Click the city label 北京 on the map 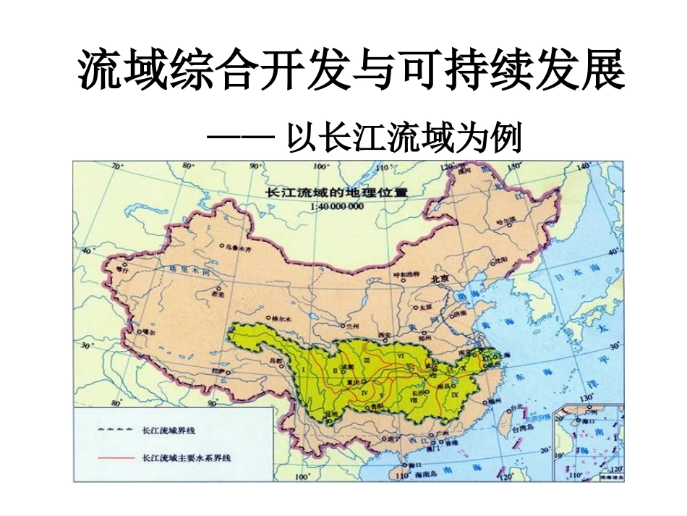pos(441,278)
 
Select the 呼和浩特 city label pos(406,274)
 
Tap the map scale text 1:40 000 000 pos(336,206)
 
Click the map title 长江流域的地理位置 pos(336,193)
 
